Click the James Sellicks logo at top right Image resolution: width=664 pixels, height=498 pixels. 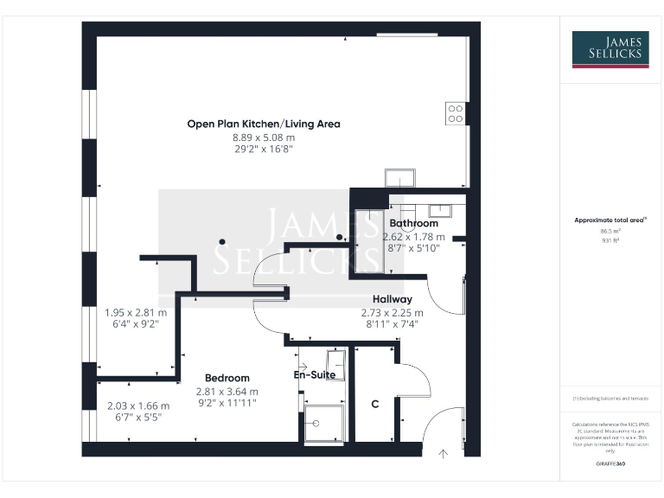pyautogui.click(x=611, y=49)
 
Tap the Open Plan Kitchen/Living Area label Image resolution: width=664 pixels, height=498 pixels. pyautogui.click(x=264, y=124)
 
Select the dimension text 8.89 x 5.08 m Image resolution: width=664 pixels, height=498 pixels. pyautogui.click(x=264, y=137)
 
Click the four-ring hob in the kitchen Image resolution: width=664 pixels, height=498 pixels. pyautogui.click(x=456, y=113)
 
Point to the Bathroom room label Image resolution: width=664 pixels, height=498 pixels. pyautogui.click(x=413, y=223)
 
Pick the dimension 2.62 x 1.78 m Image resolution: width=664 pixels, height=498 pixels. pyautogui.click(x=413, y=236)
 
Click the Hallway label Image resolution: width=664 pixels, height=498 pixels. pyautogui.click(x=392, y=299)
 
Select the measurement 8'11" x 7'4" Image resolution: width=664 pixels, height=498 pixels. pyautogui.click(x=392, y=324)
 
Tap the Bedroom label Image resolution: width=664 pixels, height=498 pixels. pyautogui.click(x=227, y=378)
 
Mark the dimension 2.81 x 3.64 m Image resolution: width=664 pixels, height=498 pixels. pyautogui.click(x=227, y=391)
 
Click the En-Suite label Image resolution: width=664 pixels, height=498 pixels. pyautogui.click(x=315, y=375)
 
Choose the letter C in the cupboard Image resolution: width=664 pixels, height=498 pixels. pyautogui.click(x=375, y=404)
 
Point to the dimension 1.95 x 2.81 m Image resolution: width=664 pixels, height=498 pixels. pyautogui.click(x=136, y=312)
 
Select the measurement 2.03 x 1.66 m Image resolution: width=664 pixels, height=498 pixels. pyautogui.click(x=138, y=405)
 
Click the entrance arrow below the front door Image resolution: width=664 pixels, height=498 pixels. pyautogui.click(x=444, y=452)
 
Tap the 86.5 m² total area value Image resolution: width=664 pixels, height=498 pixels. pyautogui.click(x=611, y=232)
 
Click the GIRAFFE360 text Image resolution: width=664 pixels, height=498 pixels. pyautogui.click(x=611, y=464)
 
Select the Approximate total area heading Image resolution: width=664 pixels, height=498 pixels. pyautogui.click(x=610, y=220)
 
